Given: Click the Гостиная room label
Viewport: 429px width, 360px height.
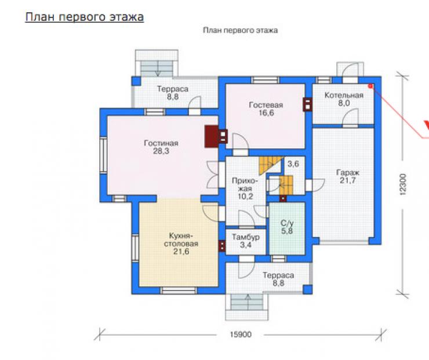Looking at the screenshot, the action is pyautogui.click(x=161, y=143).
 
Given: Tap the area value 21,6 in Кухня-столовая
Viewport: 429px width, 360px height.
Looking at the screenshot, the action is pyautogui.click(x=181, y=252).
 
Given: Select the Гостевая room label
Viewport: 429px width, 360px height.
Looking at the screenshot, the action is pyautogui.click(x=266, y=105).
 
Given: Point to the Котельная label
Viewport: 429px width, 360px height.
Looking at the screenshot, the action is pyautogui.click(x=344, y=95).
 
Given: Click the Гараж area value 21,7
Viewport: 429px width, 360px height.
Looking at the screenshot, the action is pyautogui.click(x=348, y=180).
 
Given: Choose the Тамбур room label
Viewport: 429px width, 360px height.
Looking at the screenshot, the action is pyautogui.click(x=246, y=237).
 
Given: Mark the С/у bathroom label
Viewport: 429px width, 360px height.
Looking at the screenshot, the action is pyautogui.click(x=287, y=223).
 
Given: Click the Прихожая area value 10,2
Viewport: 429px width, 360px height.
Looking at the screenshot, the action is pyautogui.click(x=245, y=197).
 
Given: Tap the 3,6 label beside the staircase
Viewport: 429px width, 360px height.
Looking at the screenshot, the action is pyautogui.click(x=293, y=164).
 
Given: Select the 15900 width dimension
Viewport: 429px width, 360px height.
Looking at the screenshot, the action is pyautogui.click(x=241, y=334).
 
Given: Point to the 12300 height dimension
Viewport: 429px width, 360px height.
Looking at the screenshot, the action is pyautogui.click(x=403, y=184).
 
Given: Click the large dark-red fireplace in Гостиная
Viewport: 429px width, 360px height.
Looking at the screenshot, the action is pyautogui.click(x=212, y=136).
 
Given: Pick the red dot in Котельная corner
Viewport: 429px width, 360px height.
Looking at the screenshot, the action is pyautogui.click(x=370, y=86).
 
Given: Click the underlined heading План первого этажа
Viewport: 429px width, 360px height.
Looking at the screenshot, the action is pyautogui.click(x=85, y=17).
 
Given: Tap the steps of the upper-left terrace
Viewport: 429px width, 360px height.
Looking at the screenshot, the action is pyautogui.click(x=157, y=68).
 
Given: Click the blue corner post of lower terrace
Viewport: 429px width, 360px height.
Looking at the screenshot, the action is pyautogui.click(x=307, y=289).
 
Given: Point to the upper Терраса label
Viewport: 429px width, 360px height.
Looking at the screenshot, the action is pyautogui.click(x=173, y=89).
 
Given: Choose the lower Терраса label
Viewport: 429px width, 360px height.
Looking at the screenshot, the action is pyautogui.click(x=278, y=275).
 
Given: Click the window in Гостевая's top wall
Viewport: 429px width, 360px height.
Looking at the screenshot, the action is pyautogui.click(x=266, y=80).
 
